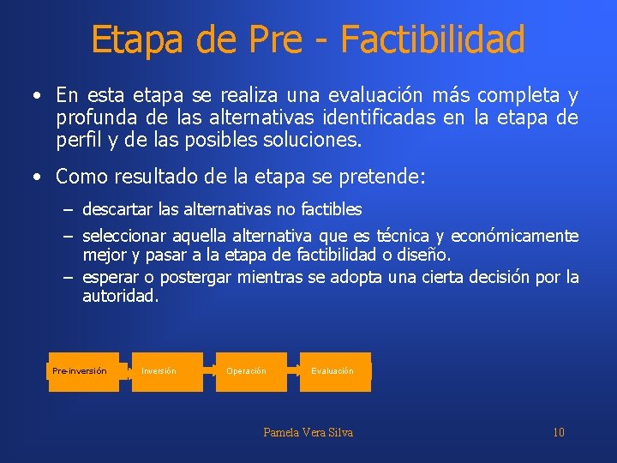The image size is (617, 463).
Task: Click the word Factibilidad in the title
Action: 433,39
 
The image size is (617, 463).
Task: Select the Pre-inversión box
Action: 83,371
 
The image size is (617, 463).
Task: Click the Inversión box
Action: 167,371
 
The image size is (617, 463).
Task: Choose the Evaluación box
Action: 335,371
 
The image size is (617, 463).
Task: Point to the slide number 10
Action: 558,432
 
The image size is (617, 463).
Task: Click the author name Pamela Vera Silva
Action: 308,432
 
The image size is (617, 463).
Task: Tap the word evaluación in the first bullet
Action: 380,94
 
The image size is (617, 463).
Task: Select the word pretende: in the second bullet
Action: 385,177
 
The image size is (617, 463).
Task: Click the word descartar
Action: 115,209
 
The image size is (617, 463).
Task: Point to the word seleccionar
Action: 124,236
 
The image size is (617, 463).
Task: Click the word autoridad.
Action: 121,297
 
